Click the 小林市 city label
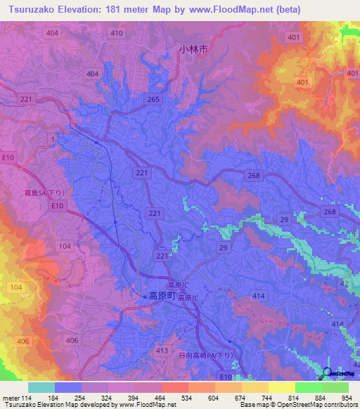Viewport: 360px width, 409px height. click(193, 50)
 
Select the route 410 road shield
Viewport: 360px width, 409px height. click(117, 33)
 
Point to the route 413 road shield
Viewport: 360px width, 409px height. click(162, 350)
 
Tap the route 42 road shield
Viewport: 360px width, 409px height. click(345, 283)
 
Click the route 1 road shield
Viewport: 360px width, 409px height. click(52, 140)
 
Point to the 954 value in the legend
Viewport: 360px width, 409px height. click(347, 398)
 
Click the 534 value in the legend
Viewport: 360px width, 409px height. click(186, 398)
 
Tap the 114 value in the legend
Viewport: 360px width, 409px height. click(28, 398)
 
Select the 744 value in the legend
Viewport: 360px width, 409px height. click(266, 398)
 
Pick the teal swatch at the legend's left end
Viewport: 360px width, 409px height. click(41, 387)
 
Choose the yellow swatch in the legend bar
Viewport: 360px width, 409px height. click(281, 387)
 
